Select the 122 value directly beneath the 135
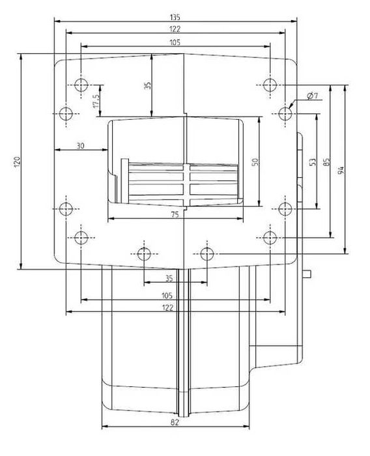tap(175, 29)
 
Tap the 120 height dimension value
tap(17, 161)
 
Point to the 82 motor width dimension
tap(176, 422)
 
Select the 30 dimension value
tap(80, 146)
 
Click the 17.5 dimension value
tap(95, 100)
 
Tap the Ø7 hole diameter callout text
tap(311, 96)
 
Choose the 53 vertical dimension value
tap(313, 161)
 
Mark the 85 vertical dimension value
tap(326, 160)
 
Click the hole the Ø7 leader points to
tap(285, 113)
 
